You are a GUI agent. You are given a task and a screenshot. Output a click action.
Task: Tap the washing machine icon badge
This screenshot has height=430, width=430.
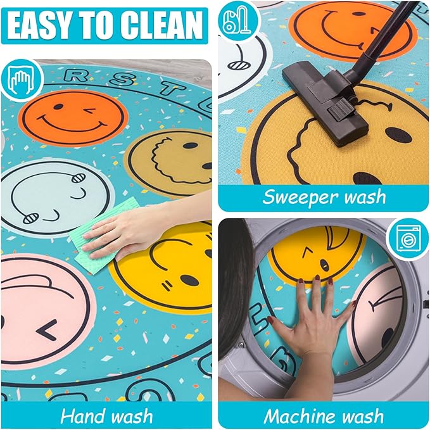click(x=408, y=239)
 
